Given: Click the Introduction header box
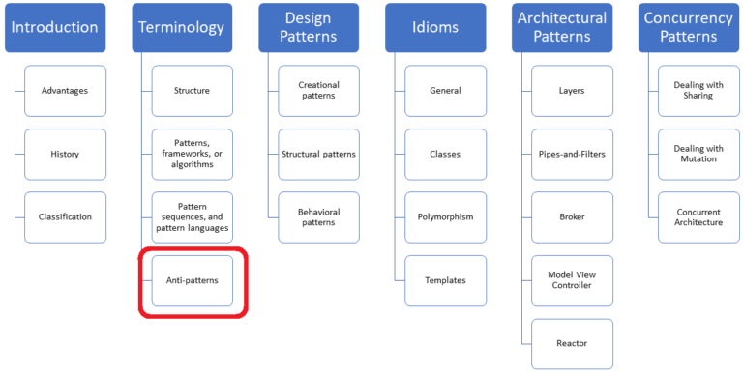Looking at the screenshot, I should point(55,27).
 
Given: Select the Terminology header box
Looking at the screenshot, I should point(182,27).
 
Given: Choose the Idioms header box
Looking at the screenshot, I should point(435,27).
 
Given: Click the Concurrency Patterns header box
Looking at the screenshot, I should point(689,27).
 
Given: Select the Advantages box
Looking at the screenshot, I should point(65,91).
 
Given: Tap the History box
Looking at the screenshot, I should point(65,154).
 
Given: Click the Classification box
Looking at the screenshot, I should point(65,216).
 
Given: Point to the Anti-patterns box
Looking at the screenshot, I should point(192,280).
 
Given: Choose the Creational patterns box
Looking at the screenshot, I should point(318,91).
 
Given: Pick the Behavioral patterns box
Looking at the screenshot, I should point(318,216).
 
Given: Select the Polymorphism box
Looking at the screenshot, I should point(445,216).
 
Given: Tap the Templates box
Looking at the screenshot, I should point(445,280).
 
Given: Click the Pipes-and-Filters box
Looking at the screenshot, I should point(572,154).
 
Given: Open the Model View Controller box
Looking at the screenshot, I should point(572,280).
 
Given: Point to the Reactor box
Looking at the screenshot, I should point(572,343).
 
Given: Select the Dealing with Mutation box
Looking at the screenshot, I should point(698,154).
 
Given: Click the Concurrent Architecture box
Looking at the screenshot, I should point(698,216).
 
